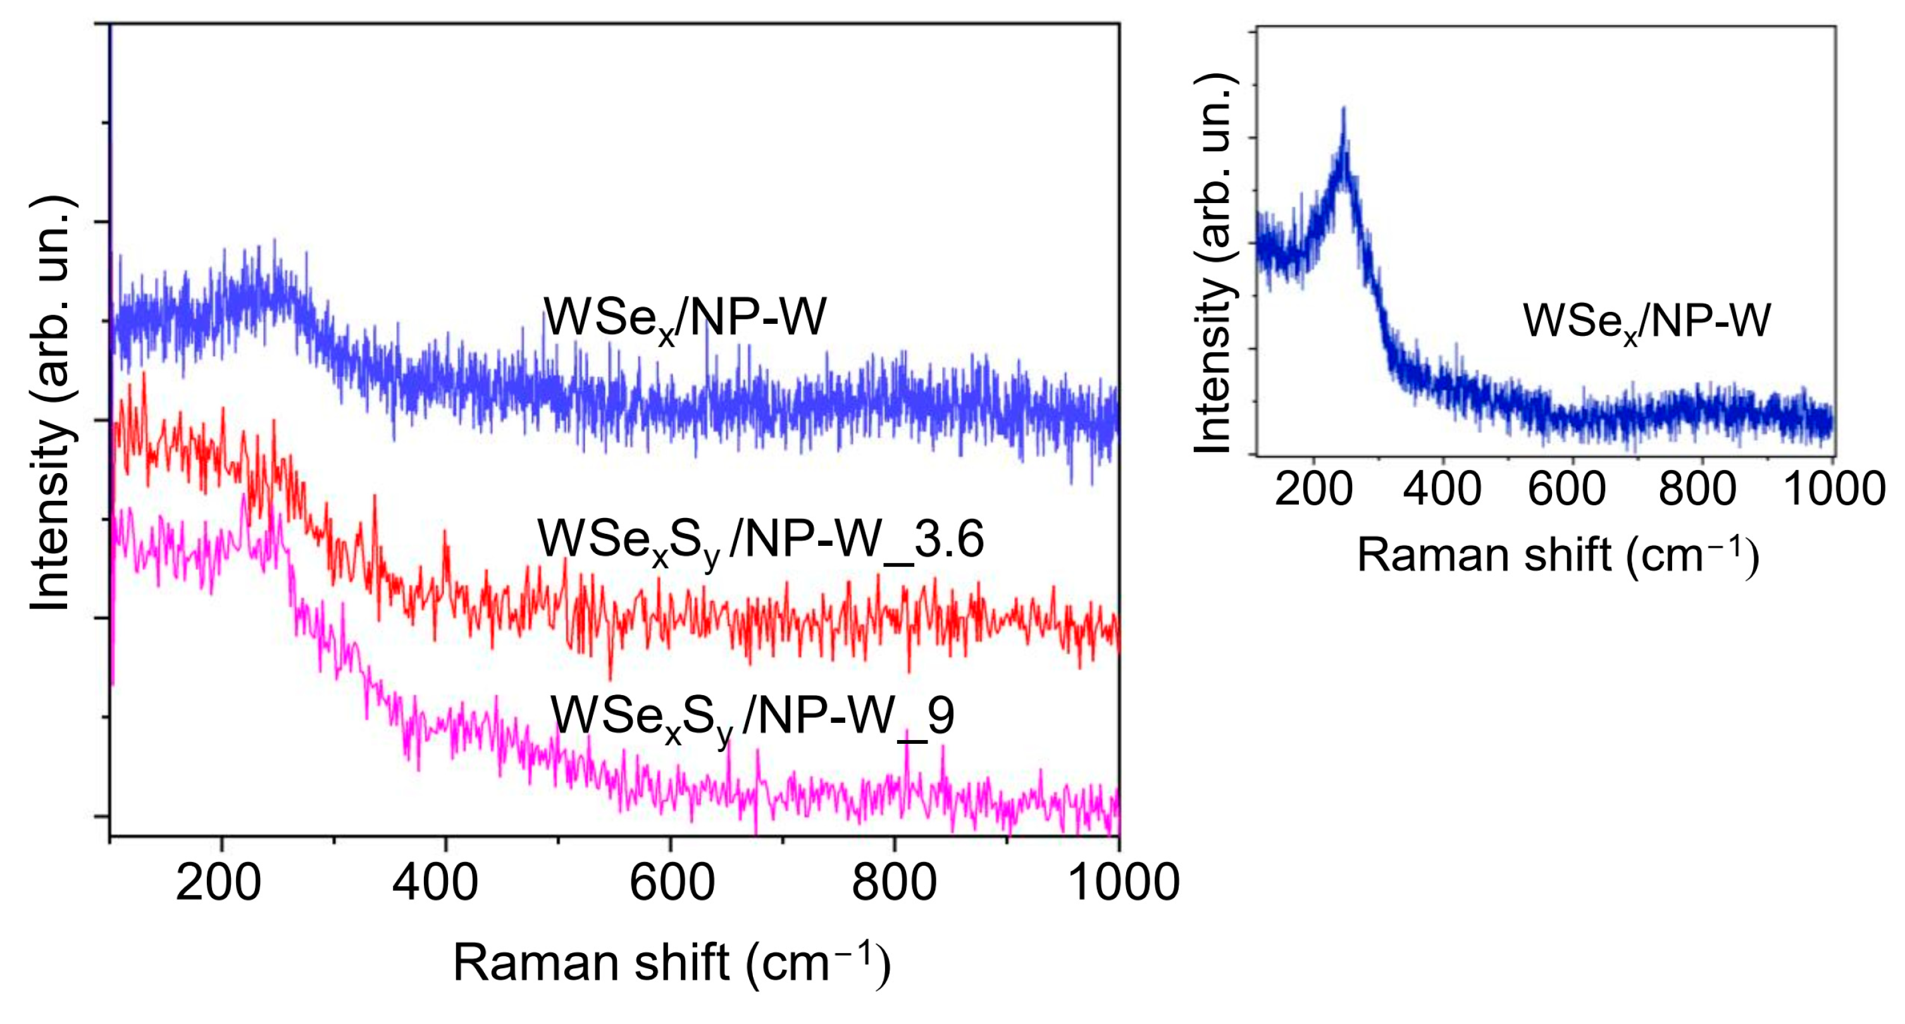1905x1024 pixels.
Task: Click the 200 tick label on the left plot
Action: [219, 883]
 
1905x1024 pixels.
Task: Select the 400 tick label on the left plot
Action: [435, 883]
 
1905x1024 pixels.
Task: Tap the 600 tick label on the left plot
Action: [671, 883]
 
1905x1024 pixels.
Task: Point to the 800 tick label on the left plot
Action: [894, 883]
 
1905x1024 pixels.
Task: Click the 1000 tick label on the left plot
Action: [1124, 883]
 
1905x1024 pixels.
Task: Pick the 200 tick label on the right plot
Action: [1313, 490]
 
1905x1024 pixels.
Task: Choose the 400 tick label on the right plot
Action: [1442, 490]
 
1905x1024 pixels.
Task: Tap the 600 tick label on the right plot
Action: [1567, 490]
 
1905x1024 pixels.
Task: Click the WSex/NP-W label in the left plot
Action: [685, 319]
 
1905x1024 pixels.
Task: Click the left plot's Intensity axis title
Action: [50, 403]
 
